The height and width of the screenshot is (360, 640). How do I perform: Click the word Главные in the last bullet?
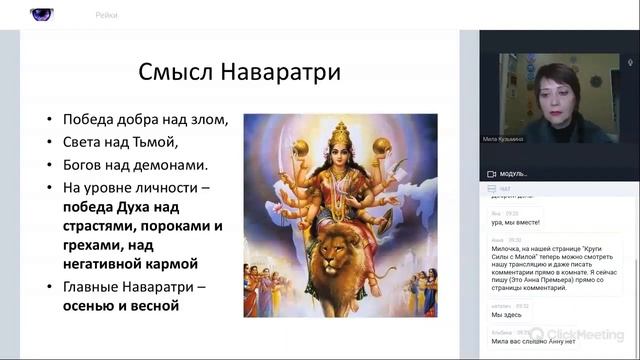click(x=94, y=288)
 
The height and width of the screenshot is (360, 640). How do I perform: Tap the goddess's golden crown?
click(x=341, y=131)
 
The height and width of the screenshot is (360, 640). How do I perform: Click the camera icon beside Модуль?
click(x=491, y=173)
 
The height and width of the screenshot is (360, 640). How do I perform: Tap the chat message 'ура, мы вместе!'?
click(x=516, y=221)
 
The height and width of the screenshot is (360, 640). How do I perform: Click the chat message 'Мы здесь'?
click(x=504, y=314)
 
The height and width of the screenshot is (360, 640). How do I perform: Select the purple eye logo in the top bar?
click(x=43, y=14)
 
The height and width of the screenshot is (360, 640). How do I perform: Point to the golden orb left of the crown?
click(x=301, y=147)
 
